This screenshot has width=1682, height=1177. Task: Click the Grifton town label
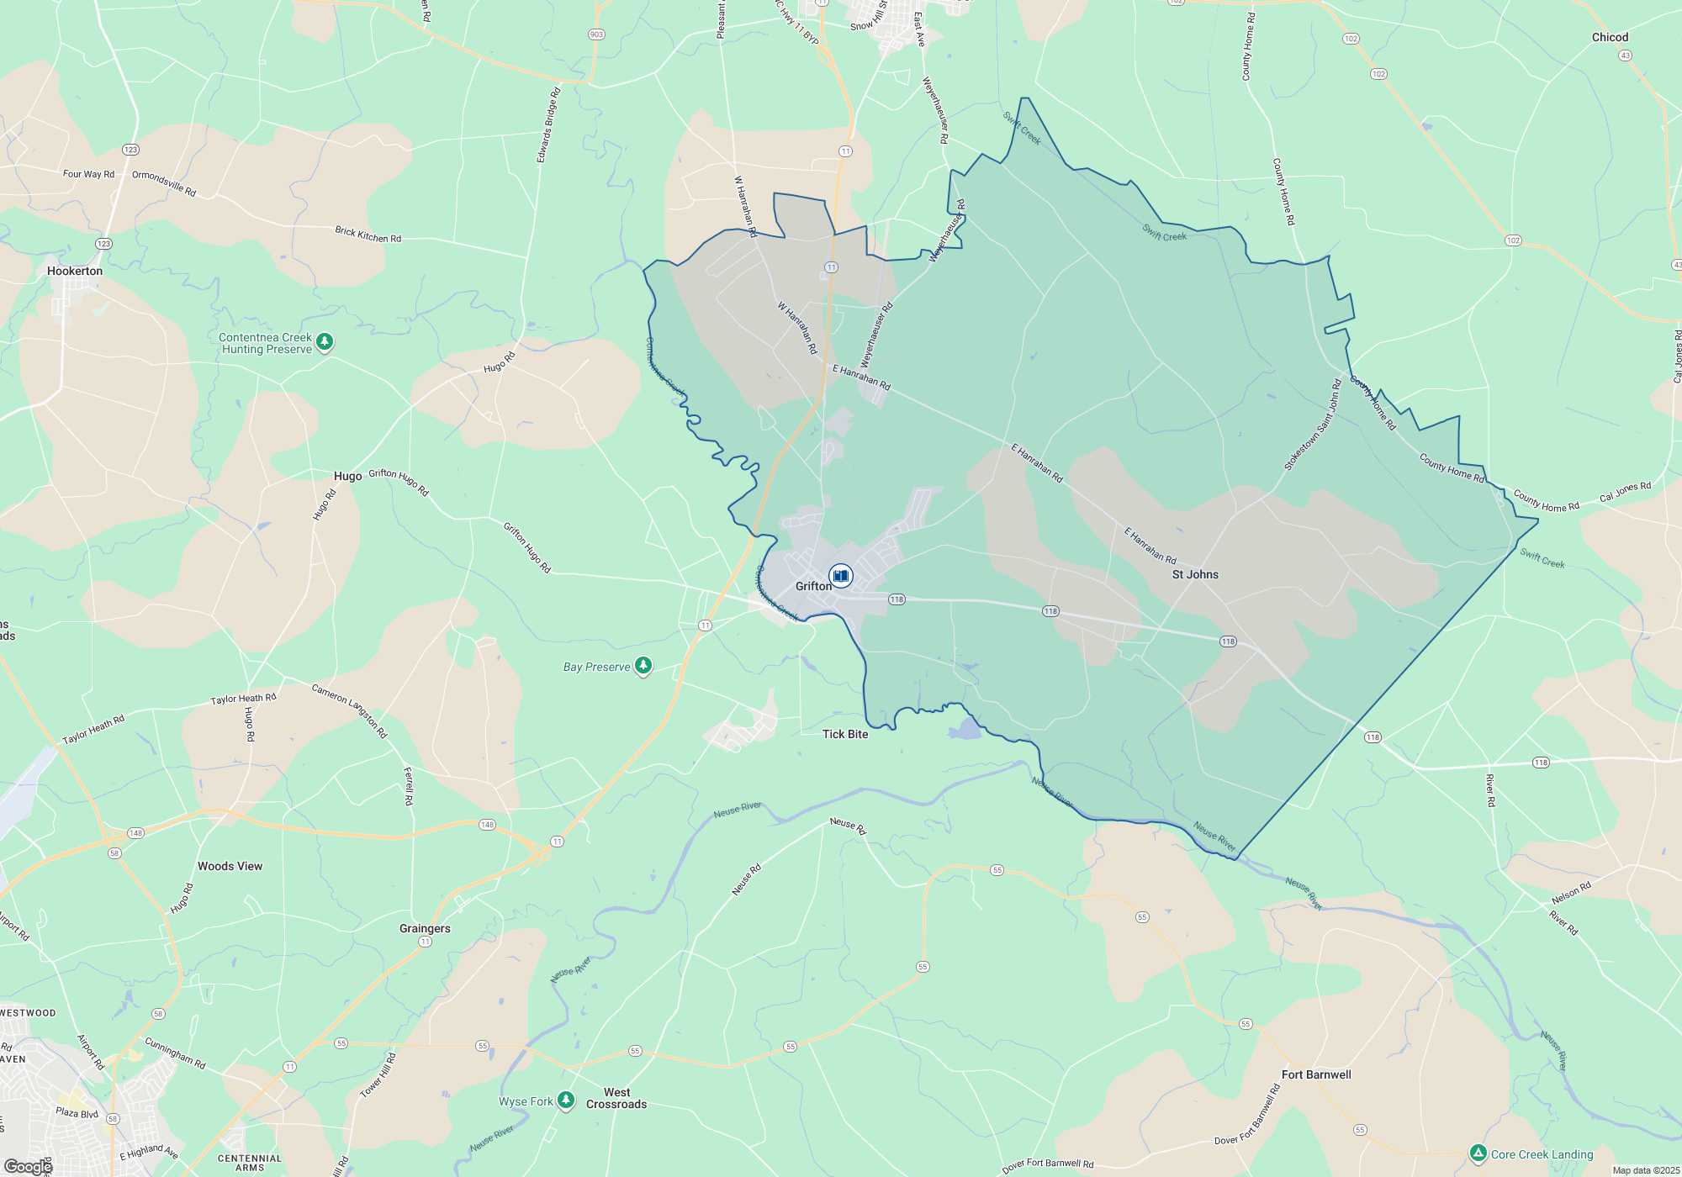pyautogui.click(x=812, y=586)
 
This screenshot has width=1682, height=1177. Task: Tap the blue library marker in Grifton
pyautogui.click(x=840, y=576)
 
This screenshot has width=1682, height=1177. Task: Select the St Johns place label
pyautogui.click(x=1195, y=574)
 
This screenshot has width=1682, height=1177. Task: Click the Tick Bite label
pyautogui.click(x=845, y=734)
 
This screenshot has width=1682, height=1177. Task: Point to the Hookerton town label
pyautogui.click(x=75, y=271)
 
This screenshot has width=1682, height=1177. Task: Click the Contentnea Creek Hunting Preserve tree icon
pyautogui.click(x=325, y=342)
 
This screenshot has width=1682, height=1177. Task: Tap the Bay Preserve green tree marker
pyautogui.click(x=643, y=666)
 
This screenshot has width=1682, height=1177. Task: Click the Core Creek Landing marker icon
pyautogui.click(x=1478, y=1153)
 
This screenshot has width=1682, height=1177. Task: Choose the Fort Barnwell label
pyautogui.click(x=1316, y=1074)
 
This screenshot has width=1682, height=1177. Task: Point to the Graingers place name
pyautogui.click(x=425, y=928)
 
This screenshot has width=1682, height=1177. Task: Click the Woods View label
pyautogui.click(x=230, y=866)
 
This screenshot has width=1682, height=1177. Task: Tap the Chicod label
pyautogui.click(x=1610, y=37)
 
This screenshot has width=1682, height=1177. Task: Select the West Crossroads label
pyautogui.click(x=616, y=1098)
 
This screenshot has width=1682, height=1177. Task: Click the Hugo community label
pyautogui.click(x=347, y=476)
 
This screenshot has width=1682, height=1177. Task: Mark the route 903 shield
pyautogui.click(x=596, y=34)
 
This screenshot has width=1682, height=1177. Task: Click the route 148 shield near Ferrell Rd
pyautogui.click(x=487, y=825)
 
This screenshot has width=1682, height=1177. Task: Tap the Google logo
pyautogui.click(x=28, y=1166)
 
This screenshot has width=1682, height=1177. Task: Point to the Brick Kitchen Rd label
pyautogui.click(x=368, y=234)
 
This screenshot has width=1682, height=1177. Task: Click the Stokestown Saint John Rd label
pyautogui.click(x=1312, y=425)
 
